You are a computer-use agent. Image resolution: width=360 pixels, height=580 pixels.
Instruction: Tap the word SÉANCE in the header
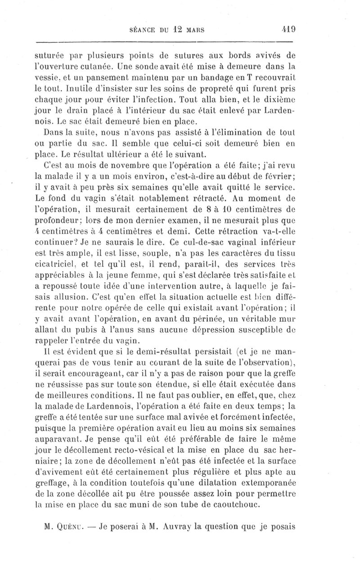tap(141, 31)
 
